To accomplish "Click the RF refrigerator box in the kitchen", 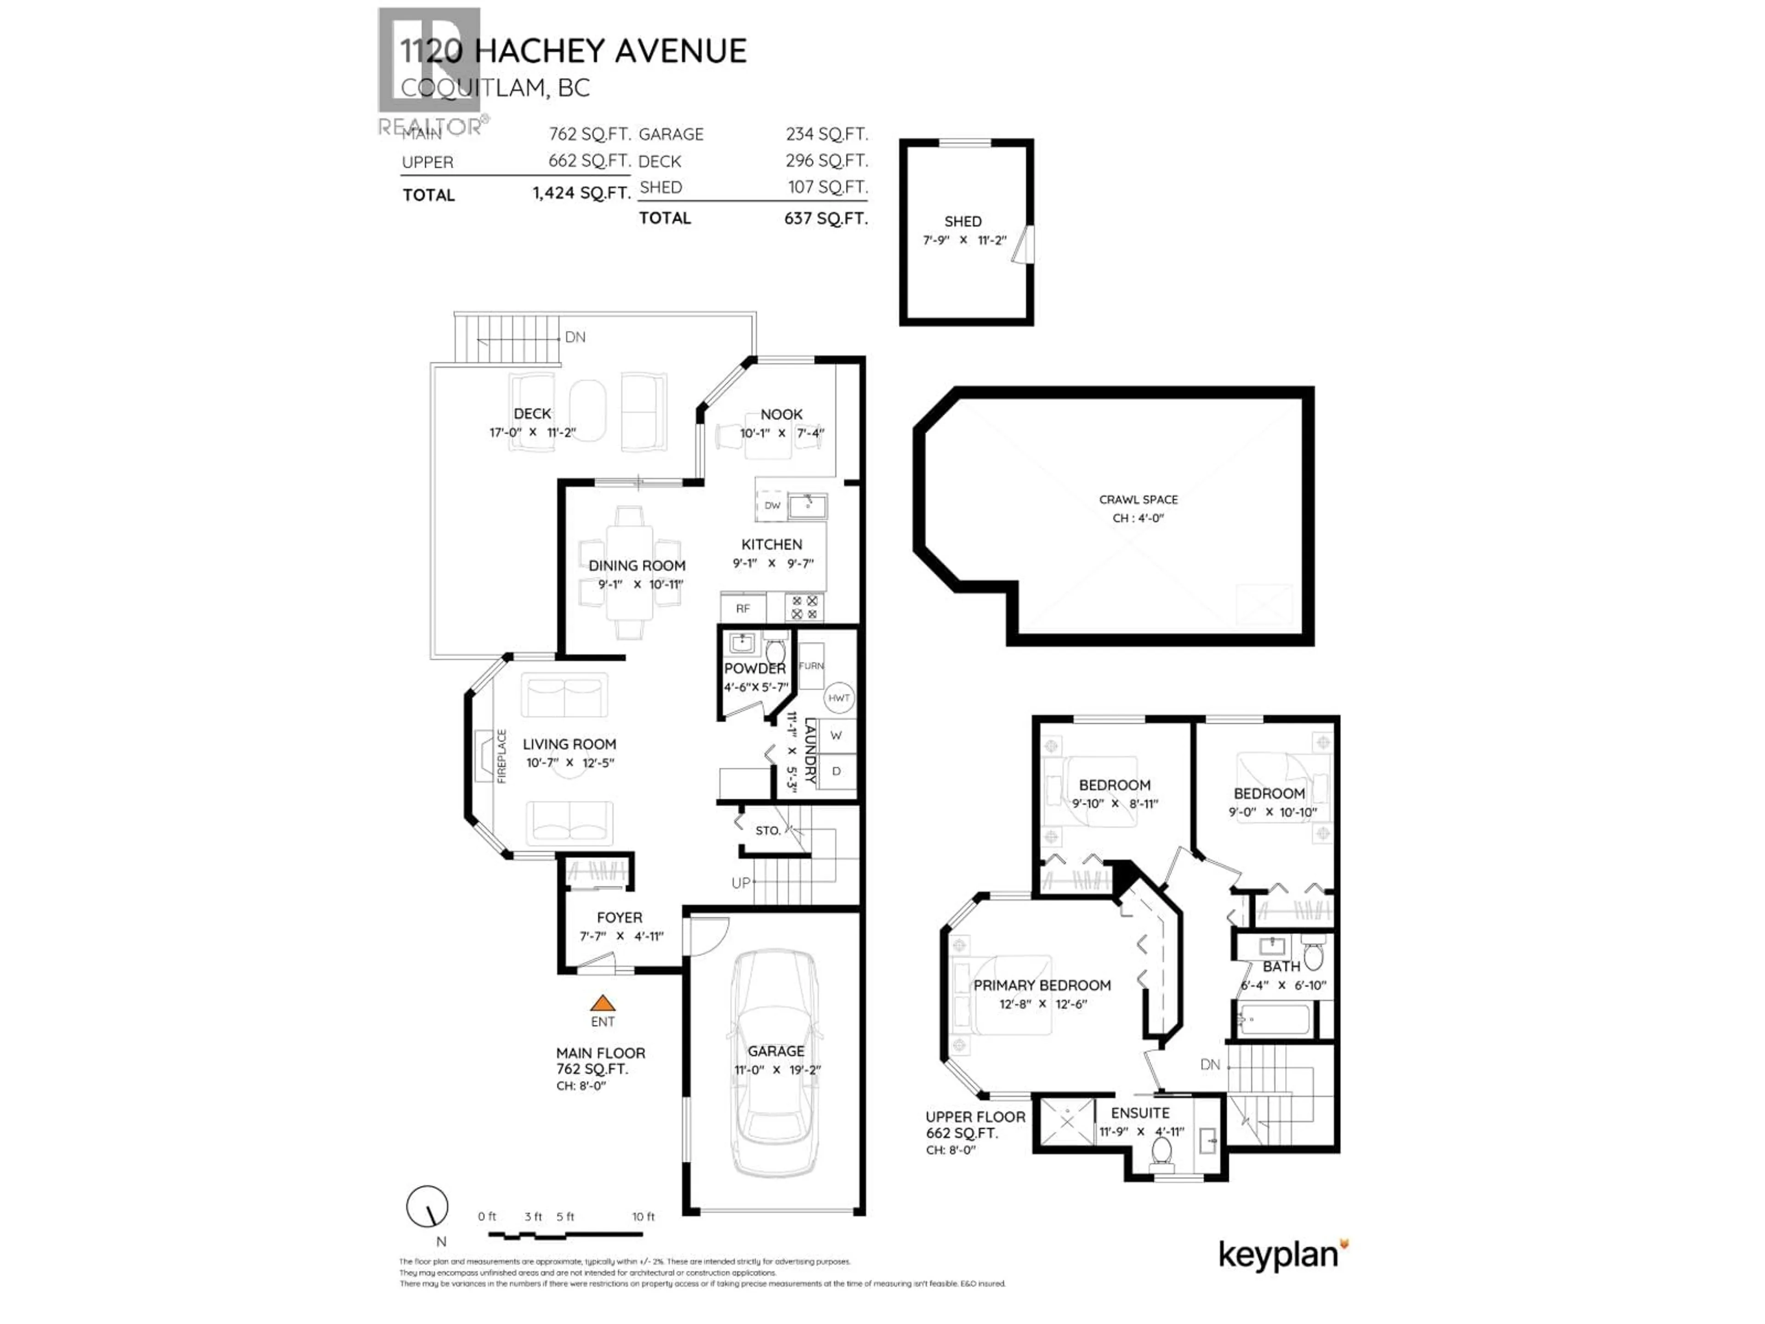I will (x=743, y=608).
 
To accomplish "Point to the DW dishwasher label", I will (x=772, y=505).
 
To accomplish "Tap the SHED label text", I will (x=962, y=221).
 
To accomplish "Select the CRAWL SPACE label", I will (x=1138, y=500).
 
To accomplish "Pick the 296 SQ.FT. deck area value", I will (x=826, y=160).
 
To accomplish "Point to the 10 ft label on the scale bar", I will (x=643, y=1216).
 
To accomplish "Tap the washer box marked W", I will (x=836, y=735).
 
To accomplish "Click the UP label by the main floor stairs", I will (x=740, y=883).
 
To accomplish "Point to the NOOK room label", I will (x=781, y=414).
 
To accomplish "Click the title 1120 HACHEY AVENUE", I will (x=573, y=51).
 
